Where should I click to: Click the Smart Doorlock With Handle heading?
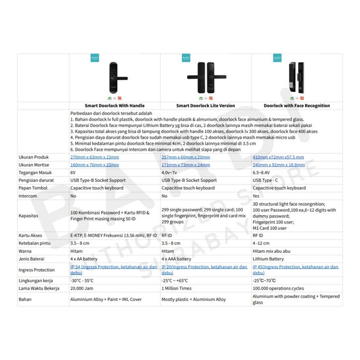pos(114,106)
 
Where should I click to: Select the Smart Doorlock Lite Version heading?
pos(205,106)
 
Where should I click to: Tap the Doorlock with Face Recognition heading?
pos(297,106)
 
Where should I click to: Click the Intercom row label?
pos(28,196)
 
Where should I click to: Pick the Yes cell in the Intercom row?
pos(257,196)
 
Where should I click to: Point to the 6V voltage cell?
pos(73,173)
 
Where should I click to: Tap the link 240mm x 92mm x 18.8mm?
pos(278,165)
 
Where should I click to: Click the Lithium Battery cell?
pos(268,259)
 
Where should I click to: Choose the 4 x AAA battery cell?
pos(177,259)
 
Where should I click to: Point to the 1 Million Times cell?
pos(176,288)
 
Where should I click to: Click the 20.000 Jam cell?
pos(82,288)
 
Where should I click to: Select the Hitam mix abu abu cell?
pos(271,251)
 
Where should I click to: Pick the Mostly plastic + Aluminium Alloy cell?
pos(193,300)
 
